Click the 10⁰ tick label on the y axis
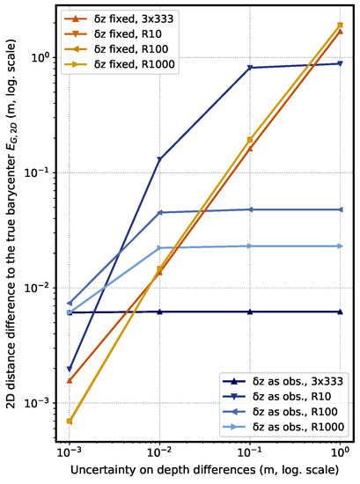(46, 58)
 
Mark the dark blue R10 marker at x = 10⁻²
(159, 159)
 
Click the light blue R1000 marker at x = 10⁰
(340, 246)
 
